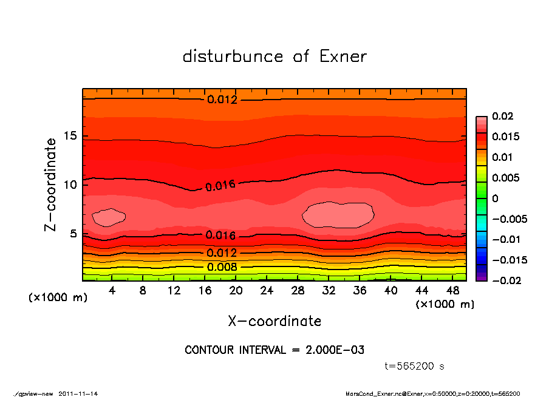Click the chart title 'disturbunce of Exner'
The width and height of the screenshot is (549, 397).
pyautogui.click(x=274, y=56)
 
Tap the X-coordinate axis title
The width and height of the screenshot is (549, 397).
pyautogui.click(x=274, y=321)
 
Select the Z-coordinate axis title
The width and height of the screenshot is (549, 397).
pyautogui.click(x=51, y=184)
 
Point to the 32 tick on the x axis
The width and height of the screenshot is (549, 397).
pyautogui.click(x=329, y=291)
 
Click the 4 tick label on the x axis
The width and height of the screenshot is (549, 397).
pyautogui.click(x=112, y=291)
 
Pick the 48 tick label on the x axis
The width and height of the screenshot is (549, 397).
pyautogui.click(x=452, y=291)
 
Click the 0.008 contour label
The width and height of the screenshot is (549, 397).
pyautogui.click(x=221, y=267)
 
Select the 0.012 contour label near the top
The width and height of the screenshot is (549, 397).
pyautogui.click(x=222, y=100)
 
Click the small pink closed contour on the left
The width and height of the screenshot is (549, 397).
pyautogui.click(x=109, y=217)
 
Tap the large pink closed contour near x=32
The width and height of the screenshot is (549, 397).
pyautogui.click(x=338, y=215)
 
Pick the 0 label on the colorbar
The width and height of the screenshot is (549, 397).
pyautogui.click(x=495, y=198)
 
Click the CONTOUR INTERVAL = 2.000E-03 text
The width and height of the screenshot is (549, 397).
pyautogui.click(x=274, y=350)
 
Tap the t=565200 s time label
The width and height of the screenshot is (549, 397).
pyautogui.click(x=415, y=366)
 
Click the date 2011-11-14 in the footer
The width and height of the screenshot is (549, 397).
pyautogui.click(x=78, y=393)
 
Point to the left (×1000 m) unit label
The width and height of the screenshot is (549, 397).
pyautogui.click(x=56, y=298)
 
